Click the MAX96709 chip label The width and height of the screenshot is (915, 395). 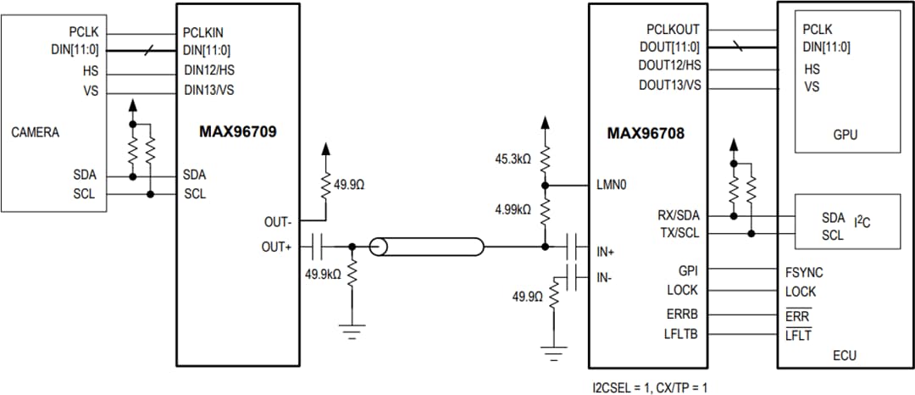coord(238,132)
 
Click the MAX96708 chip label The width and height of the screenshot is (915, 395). coord(646,133)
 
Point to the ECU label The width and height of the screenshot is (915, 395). coord(846,357)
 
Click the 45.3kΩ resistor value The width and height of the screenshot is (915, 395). coord(513,159)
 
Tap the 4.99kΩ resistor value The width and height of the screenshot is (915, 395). coord(513,209)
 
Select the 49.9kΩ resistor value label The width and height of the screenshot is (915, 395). coord(323,274)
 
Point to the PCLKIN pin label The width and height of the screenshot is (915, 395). coord(203,33)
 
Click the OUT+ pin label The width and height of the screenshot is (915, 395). coord(276,247)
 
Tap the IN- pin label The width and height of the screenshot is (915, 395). coord(604,276)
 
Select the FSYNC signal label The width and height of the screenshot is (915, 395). coord(804,273)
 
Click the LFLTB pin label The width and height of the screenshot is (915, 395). coord(682,335)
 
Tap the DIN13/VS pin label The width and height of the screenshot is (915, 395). coord(209,89)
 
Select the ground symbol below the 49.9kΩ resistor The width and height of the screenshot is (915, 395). coord(352,326)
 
